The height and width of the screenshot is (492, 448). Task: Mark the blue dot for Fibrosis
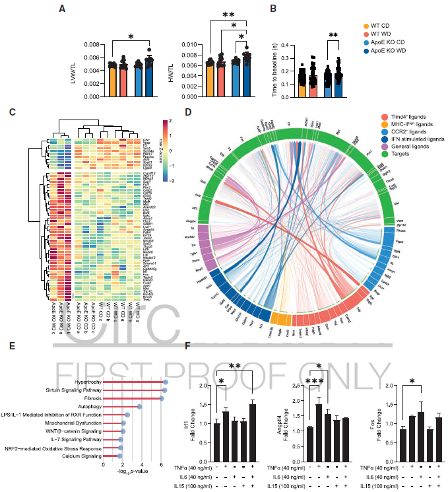pos(161,398)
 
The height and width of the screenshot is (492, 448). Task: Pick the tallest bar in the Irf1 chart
pos(251,432)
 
